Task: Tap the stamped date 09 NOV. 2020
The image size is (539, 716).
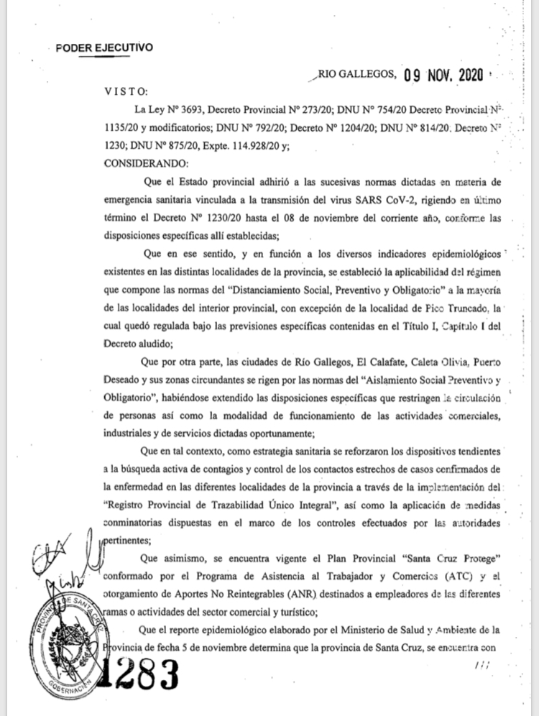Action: point(443,74)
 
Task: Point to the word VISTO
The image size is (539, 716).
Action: point(126,93)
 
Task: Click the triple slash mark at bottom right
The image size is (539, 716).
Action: point(481,666)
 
